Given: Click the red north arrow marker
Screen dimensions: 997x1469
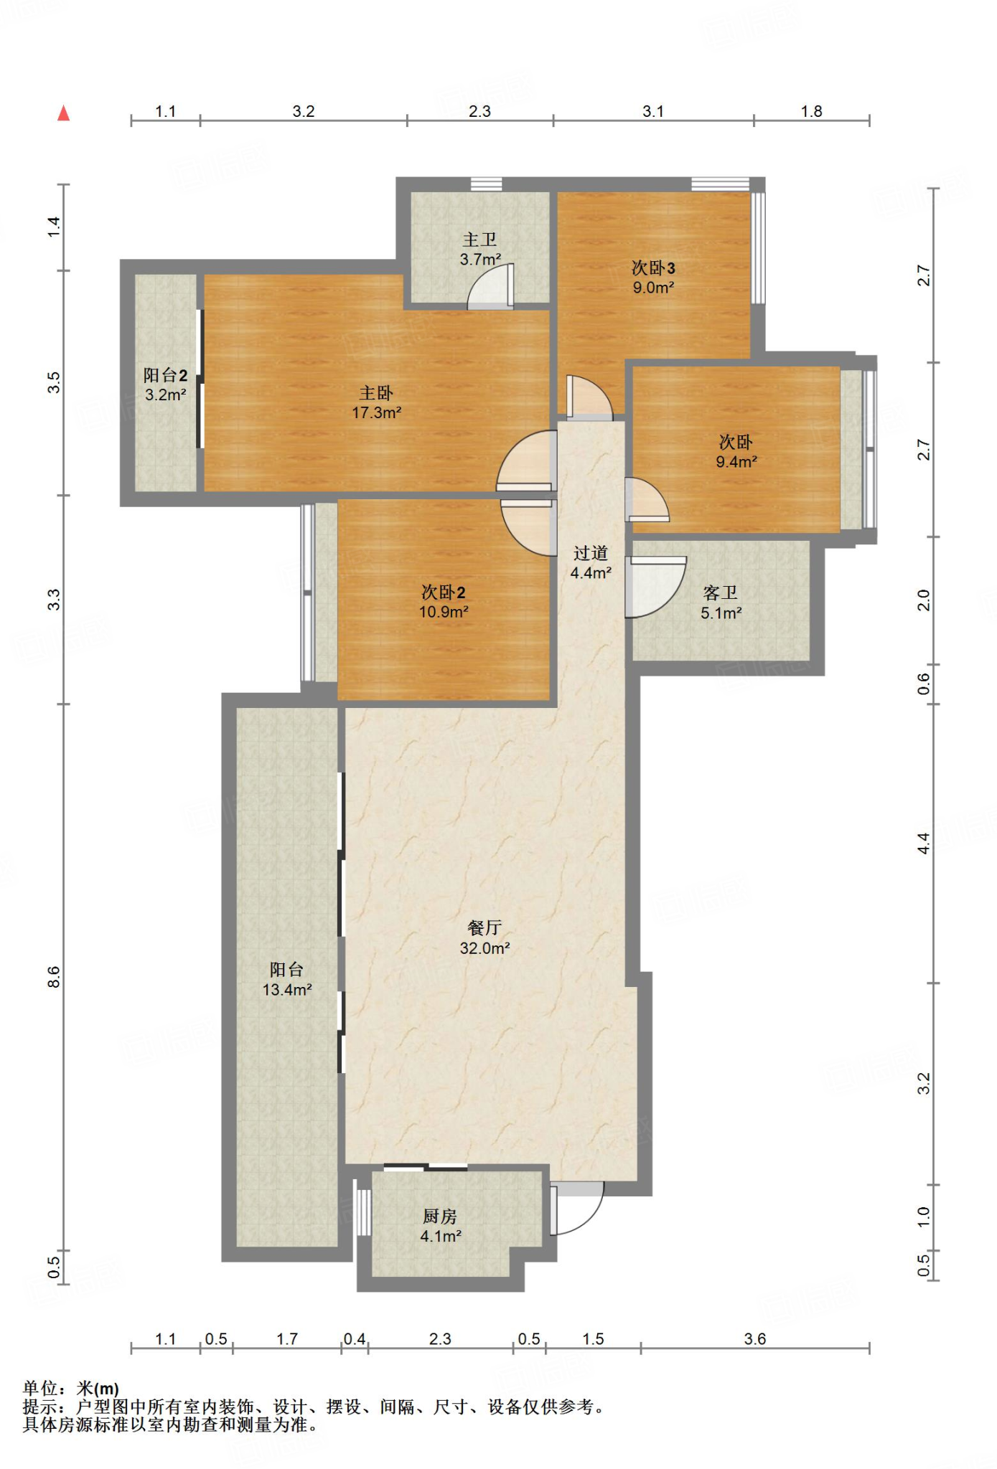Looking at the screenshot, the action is (x=64, y=113).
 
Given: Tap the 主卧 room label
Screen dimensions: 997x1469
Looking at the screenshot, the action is (x=376, y=393).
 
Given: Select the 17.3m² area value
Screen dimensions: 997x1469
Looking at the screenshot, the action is (x=376, y=413).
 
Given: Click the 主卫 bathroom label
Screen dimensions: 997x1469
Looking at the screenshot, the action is (x=479, y=240).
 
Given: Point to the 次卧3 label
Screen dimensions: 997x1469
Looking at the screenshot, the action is (x=653, y=268).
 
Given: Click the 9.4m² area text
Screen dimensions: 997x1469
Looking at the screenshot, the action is (x=736, y=462).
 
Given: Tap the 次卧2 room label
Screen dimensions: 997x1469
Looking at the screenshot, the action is (x=444, y=592).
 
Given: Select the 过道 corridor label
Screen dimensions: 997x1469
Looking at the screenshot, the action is (x=591, y=553).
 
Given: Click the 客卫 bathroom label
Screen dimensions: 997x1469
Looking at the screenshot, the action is (x=721, y=593).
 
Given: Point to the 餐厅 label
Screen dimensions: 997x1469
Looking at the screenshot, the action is (x=485, y=928).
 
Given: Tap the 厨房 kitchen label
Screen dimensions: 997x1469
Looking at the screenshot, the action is (x=440, y=1217).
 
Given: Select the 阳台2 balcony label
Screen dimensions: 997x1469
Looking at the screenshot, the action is (x=166, y=375).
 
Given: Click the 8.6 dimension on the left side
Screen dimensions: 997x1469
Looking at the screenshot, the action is (x=54, y=977).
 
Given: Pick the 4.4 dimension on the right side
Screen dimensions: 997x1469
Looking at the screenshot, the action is (x=924, y=844).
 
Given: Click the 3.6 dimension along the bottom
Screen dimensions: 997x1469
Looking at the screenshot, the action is (x=755, y=1339).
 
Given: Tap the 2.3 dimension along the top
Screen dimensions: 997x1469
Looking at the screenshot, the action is (x=479, y=111).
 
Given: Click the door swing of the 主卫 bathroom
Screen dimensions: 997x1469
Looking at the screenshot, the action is (x=491, y=287).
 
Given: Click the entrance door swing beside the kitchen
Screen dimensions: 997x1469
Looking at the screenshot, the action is (x=578, y=1209).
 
